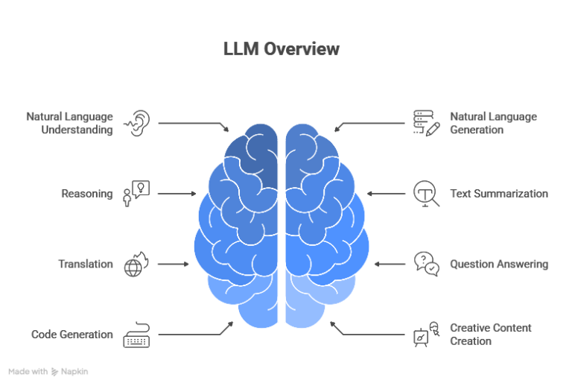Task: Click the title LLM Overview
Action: [282, 49]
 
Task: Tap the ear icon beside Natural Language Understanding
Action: [137, 124]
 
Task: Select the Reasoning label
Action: [87, 194]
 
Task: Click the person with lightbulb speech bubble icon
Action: [136, 194]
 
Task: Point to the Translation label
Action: [86, 264]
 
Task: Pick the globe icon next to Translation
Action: [136, 264]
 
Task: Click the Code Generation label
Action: [71, 335]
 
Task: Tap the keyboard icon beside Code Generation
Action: [136, 335]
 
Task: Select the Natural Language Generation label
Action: [493, 123]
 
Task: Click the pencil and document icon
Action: [427, 124]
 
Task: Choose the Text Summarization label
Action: [499, 194]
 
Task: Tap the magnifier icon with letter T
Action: [427, 194]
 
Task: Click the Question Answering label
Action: [499, 264]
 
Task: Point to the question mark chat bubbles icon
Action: [427, 264]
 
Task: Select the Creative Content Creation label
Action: [490, 335]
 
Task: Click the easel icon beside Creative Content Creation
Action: [427, 335]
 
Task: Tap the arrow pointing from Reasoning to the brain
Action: [177, 194]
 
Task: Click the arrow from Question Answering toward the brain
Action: [390, 264]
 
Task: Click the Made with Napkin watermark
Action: [48, 371]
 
